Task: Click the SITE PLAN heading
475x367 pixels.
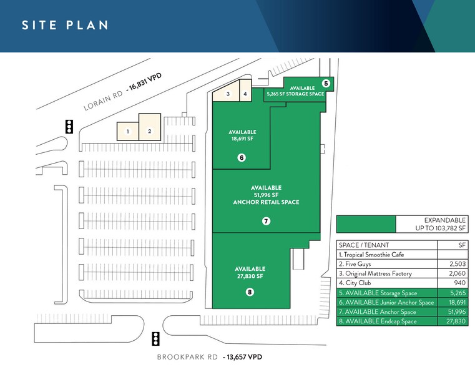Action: [65, 25]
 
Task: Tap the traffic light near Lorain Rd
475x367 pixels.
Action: [69, 127]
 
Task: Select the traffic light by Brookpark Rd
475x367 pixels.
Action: [155, 338]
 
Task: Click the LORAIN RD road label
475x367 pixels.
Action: [103, 100]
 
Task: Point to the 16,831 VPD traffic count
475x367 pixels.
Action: [144, 82]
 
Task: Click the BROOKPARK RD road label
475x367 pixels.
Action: [187, 357]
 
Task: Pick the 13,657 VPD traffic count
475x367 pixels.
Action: [242, 357]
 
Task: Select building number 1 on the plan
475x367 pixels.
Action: [128, 132]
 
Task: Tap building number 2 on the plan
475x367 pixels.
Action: [150, 127]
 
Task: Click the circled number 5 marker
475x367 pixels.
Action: [326, 83]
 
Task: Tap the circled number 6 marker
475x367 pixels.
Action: [242, 157]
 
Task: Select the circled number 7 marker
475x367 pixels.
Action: [266, 221]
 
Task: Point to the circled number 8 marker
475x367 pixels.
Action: [250, 292]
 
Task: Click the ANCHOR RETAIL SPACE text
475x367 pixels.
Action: [266, 202]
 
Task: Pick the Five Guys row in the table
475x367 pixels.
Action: [403, 264]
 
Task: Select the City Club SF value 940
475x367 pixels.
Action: [460, 283]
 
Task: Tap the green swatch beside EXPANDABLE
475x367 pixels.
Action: [366, 224]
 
